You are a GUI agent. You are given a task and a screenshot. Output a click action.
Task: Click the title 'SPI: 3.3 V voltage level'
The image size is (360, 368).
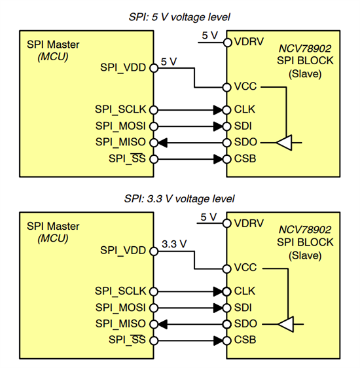(179, 198)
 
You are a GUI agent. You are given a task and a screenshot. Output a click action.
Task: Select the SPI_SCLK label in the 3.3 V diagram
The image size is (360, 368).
(121, 290)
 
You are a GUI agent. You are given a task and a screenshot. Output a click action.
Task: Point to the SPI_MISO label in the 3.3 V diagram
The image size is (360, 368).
(122, 323)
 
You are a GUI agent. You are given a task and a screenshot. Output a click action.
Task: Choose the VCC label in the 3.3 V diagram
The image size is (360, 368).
(245, 268)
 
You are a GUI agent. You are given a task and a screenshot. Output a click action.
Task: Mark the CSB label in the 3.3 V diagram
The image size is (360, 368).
(245, 340)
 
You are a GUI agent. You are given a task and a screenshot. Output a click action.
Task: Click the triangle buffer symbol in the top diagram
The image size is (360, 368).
(285, 142)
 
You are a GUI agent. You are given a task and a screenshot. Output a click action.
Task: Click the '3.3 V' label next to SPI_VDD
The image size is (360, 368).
(173, 244)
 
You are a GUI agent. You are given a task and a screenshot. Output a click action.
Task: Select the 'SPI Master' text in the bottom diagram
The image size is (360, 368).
(53, 226)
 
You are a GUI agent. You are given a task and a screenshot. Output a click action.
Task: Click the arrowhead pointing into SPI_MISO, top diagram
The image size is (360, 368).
(162, 142)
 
